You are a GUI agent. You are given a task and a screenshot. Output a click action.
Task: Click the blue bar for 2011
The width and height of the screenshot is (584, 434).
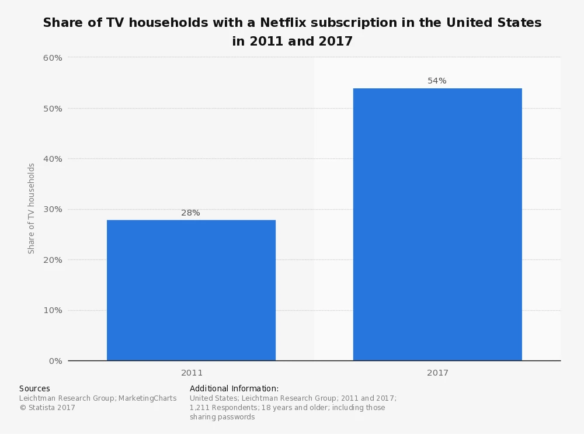(x=191, y=290)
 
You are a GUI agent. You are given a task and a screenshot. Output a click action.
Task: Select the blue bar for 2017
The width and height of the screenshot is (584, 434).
(x=437, y=224)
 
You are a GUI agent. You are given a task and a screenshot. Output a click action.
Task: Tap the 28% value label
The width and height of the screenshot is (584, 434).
(x=190, y=213)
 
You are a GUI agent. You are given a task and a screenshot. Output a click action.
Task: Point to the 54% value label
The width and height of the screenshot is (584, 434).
(x=437, y=81)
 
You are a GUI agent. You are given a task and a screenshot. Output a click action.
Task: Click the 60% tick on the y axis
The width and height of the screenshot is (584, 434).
(x=53, y=58)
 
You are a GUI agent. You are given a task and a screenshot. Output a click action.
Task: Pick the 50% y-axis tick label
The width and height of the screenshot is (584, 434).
(x=53, y=109)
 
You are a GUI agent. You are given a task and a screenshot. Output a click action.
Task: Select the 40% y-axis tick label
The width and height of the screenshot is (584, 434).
(x=53, y=159)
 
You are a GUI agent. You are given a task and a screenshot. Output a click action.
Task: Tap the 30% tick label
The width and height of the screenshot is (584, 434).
(x=53, y=209)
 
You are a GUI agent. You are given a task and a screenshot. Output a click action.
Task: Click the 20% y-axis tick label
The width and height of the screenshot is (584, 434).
(x=53, y=260)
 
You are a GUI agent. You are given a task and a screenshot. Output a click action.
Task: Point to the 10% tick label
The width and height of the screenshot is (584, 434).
(x=53, y=310)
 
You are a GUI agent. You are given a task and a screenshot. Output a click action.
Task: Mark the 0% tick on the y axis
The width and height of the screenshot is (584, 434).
(x=55, y=361)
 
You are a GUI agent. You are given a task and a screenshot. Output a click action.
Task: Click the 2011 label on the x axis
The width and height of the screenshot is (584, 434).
(x=192, y=373)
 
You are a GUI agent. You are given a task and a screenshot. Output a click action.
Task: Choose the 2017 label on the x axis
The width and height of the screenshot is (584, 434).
(x=437, y=373)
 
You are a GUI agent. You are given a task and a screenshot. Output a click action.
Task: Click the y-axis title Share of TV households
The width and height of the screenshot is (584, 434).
(x=32, y=209)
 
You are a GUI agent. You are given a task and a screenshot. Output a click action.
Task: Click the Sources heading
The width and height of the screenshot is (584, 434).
(x=34, y=388)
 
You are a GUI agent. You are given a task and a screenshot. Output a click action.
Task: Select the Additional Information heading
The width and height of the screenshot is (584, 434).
(x=234, y=388)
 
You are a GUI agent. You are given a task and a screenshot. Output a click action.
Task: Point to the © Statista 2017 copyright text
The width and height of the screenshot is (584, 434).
(x=47, y=408)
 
